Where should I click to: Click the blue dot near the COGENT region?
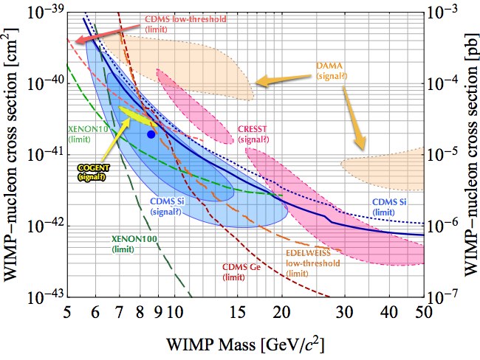(151, 134)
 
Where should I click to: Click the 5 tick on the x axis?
(67, 314)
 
